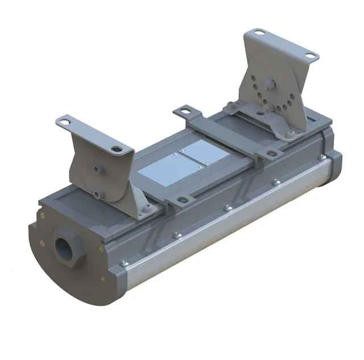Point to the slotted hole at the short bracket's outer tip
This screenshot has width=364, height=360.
(x=64, y=121)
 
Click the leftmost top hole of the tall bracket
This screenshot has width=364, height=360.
(x=260, y=34)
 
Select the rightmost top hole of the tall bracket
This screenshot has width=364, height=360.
(x=309, y=55)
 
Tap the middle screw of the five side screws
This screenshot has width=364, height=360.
(x=228, y=208)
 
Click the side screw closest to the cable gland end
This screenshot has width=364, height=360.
(x=125, y=263)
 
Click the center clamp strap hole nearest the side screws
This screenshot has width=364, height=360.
(x=181, y=200)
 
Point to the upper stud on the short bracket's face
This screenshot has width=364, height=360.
(x=96, y=170)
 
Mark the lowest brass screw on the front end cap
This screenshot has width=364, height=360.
(x=101, y=278)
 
